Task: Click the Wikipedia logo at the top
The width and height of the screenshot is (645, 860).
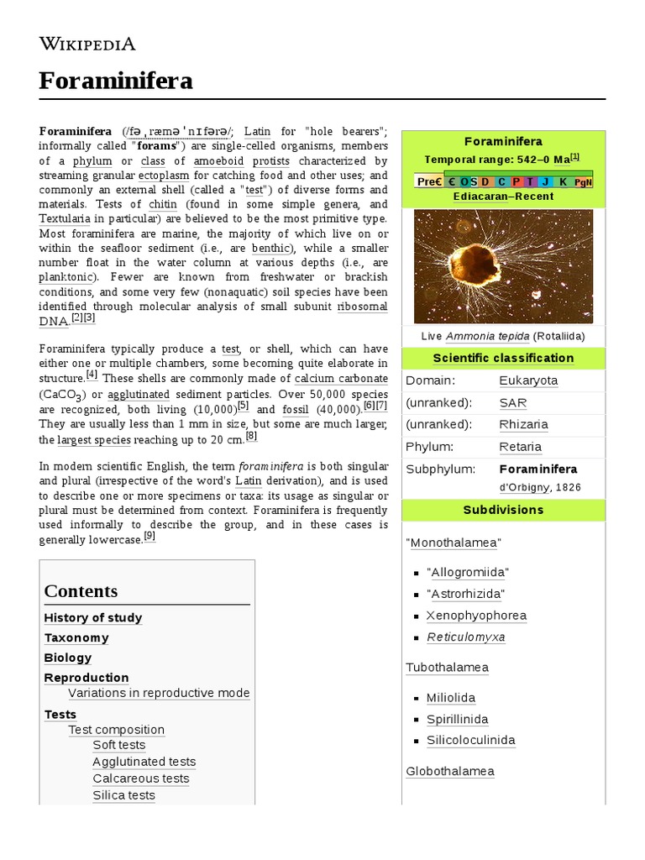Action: coord(87,44)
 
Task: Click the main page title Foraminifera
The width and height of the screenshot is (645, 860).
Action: coord(116,81)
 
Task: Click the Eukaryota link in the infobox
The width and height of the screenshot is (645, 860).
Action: coord(528,380)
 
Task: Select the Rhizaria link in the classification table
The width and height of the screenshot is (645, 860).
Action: coord(523,425)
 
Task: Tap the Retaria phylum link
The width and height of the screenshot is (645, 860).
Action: coord(520,447)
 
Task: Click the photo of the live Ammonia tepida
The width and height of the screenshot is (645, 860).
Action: coord(503,266)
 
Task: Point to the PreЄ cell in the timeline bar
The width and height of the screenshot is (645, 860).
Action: coord(429,181)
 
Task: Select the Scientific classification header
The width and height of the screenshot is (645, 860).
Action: coord(503,358)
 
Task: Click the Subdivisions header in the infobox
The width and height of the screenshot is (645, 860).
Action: coord(503,510)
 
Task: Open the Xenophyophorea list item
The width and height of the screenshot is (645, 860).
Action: coord(476,616)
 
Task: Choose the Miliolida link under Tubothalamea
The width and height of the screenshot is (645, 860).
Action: coord(451,698)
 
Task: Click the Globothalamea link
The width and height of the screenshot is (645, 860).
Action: coord(450,771)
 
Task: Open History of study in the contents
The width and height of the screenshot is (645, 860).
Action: coord(93,618)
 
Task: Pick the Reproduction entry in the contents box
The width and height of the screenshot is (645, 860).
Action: coord(87,678)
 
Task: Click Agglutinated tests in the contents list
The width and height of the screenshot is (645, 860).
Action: coord(144,762)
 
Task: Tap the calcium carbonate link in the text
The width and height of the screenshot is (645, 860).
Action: coord(342,379)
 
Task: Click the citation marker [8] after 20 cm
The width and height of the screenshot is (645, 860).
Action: coord(251,437)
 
